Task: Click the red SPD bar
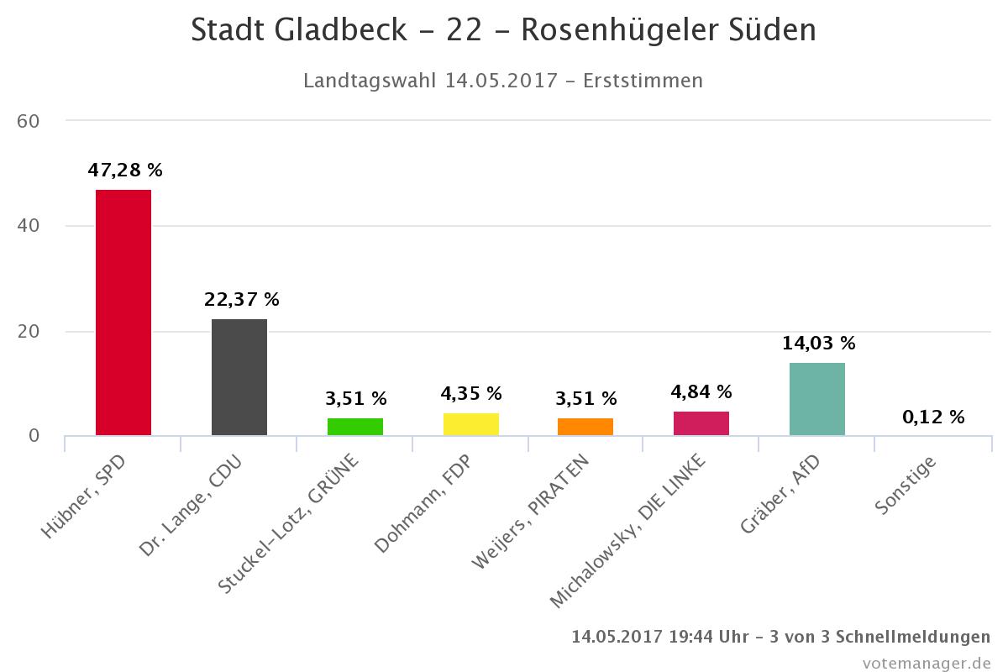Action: [x=123, y=312]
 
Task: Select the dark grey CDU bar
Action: [x=239, y=377]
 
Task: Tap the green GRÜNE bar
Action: [x=355, y=427]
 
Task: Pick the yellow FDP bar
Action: [x=471, y=424]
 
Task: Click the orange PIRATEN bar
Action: [x=585, y=427]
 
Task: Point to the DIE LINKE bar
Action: [x=701, y=423]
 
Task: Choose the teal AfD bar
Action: [x=817, y=399]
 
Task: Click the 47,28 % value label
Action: [x=125, y=171]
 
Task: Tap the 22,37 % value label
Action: [x=242, y=300]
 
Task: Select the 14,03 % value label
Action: [x=818, y=344]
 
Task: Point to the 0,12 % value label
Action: [x=933, y=417]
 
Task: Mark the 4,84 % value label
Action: [x=701, y=392]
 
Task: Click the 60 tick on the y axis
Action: [x=29, y=121]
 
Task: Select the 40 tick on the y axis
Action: [x=29, y=226]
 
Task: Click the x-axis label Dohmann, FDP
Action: [x=423, y=504]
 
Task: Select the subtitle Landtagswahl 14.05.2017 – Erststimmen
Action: [x=503, y=81]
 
